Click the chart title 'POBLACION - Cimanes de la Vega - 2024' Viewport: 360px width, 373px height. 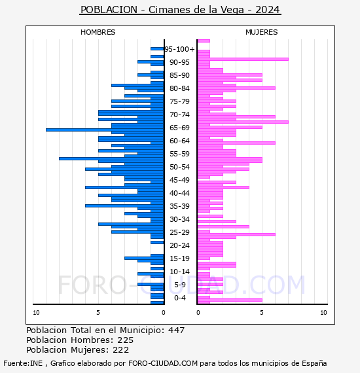pyautogui.click(x=180, y=10)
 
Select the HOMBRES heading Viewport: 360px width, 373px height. pyautogui.click(x=98, y=32)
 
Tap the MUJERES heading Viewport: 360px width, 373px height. pyautogui.click(x=262, y=32)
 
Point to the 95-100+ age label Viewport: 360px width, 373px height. pyautogui.click(x=179, y=49)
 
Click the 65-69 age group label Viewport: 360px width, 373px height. pyautogui.click(x=179, y=128)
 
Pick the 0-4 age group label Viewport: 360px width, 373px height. pyautogui.click(x=179, y=298)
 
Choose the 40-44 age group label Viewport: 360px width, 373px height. pyautogui.click(x=179, y=193)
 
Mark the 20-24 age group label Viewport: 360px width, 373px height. pyautogui.click(x=179, y=245)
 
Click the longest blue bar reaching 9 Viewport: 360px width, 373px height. pyautogui.click(x=105, y=130)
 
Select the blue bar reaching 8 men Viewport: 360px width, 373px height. pyautogui.click(x=111, y=158)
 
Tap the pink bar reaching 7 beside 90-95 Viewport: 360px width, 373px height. pyautogui.click(x=243, y=60)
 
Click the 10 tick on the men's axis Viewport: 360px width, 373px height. pyautogui.click(x=36, y=313)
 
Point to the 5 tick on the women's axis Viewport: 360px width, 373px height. pyautogui.click(x=262, y=313)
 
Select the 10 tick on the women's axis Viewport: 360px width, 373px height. pyautogui.click(x=323, y=313)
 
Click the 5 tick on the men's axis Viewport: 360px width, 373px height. pyautogui.click(x=98, y=313)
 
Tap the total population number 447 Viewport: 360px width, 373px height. pyautogui.click(x=176, y=330)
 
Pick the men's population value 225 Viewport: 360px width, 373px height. pyautogui.click(x=126, y=340)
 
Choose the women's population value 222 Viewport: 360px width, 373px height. pyautogui.click(x=120, y=350)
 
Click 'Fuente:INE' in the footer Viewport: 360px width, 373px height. pyautogui.click(x=23, y=363)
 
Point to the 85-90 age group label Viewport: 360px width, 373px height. pyautogui.click(x=179, y=75)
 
